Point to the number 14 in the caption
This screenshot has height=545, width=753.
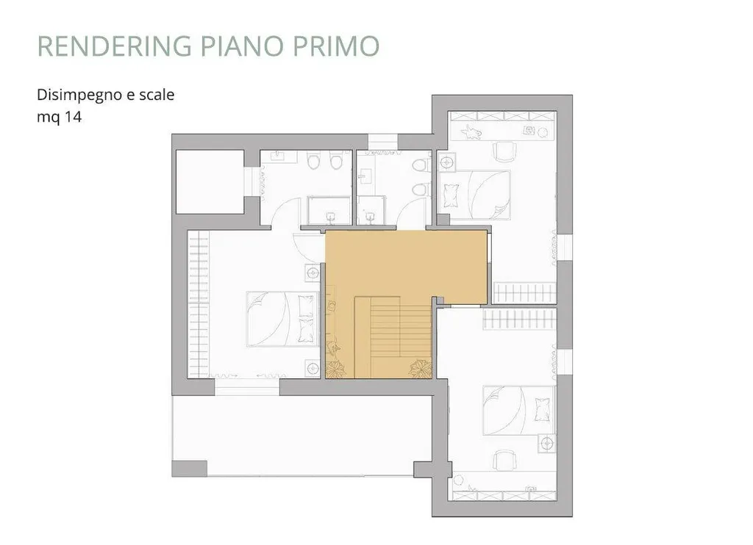74,117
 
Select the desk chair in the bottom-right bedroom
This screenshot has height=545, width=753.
505,461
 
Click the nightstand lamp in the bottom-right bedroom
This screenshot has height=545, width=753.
547,443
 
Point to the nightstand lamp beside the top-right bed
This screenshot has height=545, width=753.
448,162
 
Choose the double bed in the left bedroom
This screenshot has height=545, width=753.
283,319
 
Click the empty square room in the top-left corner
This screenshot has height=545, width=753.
210,182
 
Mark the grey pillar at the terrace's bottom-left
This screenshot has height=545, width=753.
189,469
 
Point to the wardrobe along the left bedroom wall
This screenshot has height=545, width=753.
199,305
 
